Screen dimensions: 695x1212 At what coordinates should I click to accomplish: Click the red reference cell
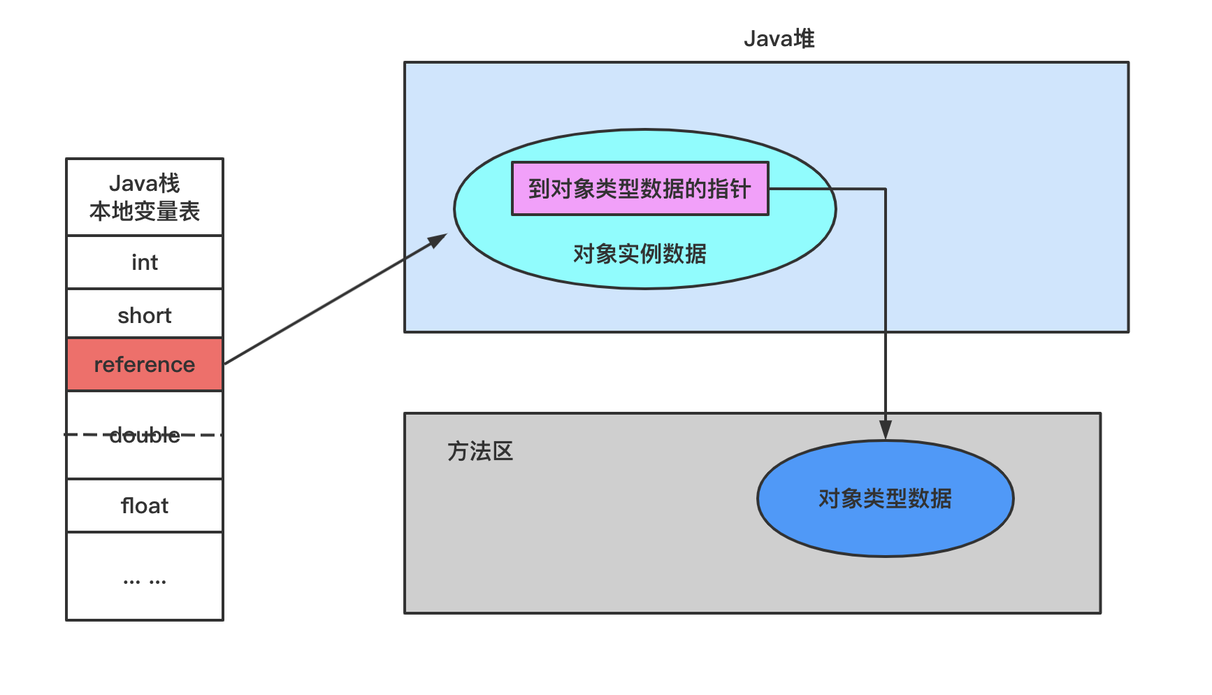(145, 364)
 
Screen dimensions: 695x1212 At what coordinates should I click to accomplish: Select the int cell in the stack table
(145, 262)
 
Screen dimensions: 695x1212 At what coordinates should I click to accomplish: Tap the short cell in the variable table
(145, 315)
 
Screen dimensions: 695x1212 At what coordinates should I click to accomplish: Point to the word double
(145, 436)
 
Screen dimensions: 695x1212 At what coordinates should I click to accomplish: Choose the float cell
(145, 506)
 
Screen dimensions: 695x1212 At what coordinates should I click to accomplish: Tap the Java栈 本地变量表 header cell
(145, 197)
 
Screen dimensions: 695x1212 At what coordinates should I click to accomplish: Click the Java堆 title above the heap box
(779, 38)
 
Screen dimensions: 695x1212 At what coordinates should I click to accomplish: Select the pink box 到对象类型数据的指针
(640, 189)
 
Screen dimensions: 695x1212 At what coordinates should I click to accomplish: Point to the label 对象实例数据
(640, 254)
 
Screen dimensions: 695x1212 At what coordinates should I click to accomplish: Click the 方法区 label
(480, 452)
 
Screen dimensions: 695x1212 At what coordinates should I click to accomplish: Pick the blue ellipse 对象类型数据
(885, 499)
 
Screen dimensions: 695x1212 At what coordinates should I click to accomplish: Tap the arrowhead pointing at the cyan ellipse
(439, 239)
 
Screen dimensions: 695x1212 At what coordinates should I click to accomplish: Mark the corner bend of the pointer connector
(886, 189)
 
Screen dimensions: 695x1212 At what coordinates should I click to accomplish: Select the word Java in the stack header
(134, 184)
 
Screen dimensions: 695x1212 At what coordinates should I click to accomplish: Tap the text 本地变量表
(145, 211)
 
